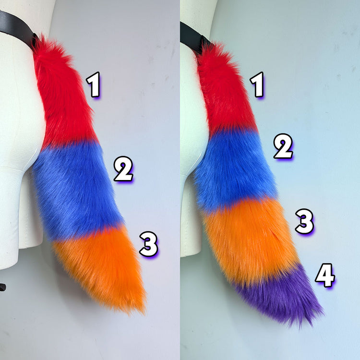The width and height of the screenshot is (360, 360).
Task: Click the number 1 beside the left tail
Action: (x=93, y=84)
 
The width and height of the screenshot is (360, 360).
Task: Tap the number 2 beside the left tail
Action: (x=123, y=169)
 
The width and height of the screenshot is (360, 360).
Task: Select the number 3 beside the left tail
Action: (x=149, y=244)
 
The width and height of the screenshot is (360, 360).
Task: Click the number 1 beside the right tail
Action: (x=257, y=84)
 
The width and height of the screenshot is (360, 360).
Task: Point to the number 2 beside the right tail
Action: (x=283, y=146)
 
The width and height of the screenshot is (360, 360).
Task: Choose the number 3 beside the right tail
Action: (x=304, y=221)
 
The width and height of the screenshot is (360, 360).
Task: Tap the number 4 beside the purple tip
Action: (x=325, y=276)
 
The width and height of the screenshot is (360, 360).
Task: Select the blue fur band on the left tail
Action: (x=76, y=191)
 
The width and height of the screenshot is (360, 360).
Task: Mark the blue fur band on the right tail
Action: (x=234, y=170)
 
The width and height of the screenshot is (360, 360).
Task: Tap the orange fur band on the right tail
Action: (x=250, y=241)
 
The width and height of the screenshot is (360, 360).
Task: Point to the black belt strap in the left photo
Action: (x=17, y=29)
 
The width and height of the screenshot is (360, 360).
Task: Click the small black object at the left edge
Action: (x=2, y=287)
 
